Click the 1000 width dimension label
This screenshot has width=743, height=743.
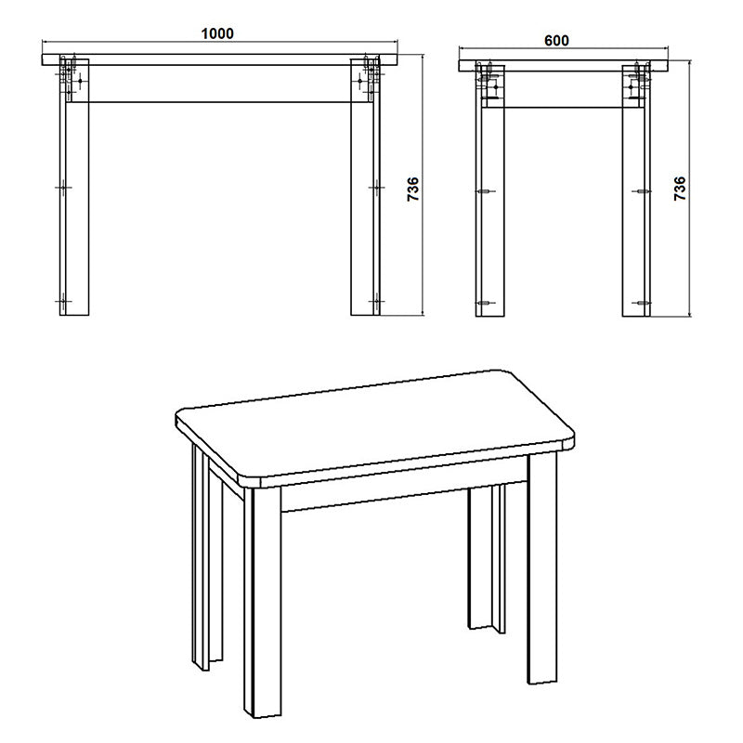tap(217, 34)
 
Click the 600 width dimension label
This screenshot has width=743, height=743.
tap(556, 41)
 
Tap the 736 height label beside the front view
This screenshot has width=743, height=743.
tap(414, 189)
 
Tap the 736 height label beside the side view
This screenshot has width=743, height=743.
tap(681, 189)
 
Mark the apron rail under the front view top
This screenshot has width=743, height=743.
tap(219, 83)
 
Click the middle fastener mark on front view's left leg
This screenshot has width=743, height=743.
tap(63, 187)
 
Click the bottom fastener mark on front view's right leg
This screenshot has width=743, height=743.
tap(374, 302)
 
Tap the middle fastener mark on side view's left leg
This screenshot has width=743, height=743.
tap(484, 191)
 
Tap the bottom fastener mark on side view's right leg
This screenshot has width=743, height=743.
tap(643, 303)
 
